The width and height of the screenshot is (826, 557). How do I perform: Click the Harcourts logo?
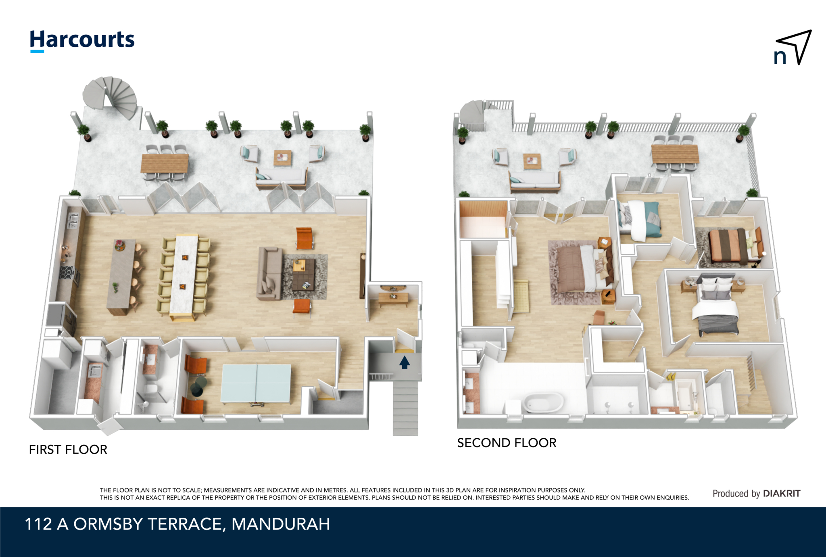[x=82, y=41]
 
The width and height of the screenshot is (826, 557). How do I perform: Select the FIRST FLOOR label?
[x=68, y=450]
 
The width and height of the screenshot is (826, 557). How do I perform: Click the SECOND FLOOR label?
[x=507, y=443]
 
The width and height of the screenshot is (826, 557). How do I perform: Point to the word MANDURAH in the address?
[x=281, y=524]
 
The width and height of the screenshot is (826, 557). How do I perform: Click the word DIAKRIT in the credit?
[x=782, y=493]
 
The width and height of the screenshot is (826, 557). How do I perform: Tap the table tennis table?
[x=256, y=383]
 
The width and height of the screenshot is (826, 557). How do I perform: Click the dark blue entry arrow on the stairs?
[x=405, y=362]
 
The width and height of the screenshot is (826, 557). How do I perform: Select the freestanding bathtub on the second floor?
[x=543, y=402]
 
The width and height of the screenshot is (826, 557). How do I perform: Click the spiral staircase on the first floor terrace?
[x=110, y=97]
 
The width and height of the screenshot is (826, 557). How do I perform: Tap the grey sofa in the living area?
[x=269, y=274]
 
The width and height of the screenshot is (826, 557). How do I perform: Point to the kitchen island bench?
[x=121, y=276]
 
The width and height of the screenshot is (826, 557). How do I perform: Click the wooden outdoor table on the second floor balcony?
[x=675, y=154]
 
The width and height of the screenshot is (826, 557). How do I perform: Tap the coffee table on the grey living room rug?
[x=304, y=275]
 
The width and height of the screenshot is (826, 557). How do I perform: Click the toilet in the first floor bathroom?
[x=150, y=390]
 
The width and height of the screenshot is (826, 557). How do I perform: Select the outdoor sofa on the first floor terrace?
[x=282, y=178]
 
